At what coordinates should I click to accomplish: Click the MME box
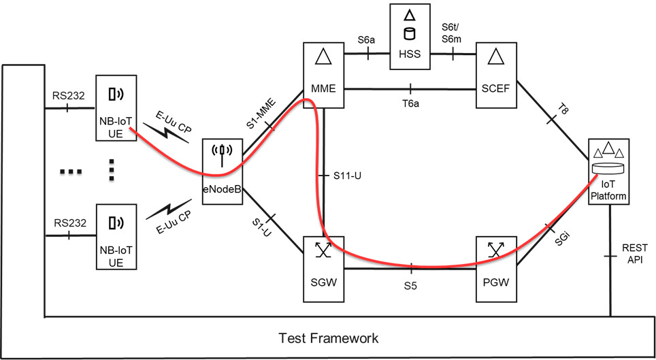[x=324, y=74]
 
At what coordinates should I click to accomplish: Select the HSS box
[x=410, y=37]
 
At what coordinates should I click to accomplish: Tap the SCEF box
[x=498, y=74]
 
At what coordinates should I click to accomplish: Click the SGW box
[x=324, y=268]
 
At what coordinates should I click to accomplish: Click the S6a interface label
[x=367, y=40]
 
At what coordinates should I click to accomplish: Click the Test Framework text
[x=329, y=338]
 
